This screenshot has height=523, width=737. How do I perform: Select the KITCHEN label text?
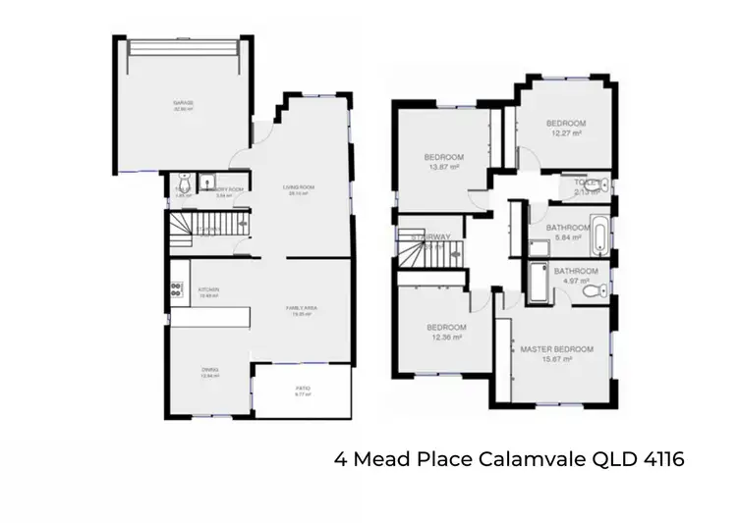207,290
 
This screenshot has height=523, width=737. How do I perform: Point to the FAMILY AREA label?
300,308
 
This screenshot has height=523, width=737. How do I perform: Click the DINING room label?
210,368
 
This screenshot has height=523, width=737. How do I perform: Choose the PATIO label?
303,389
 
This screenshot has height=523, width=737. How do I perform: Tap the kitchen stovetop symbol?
177,289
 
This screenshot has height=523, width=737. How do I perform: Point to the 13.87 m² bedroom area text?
443,168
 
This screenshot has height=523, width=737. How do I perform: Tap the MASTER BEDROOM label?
557,349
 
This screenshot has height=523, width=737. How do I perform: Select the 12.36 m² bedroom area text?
445,338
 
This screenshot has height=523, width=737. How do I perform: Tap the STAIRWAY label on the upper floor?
431,237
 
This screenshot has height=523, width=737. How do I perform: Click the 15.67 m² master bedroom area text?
557,360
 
